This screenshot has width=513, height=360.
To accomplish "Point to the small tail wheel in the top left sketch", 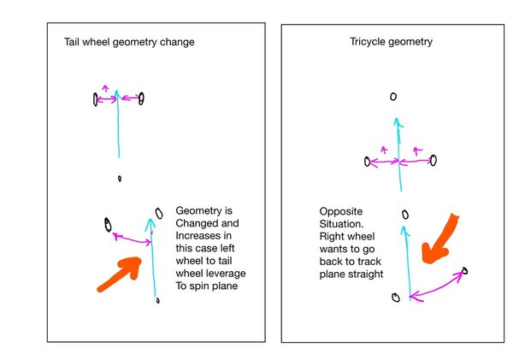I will coord(120,179).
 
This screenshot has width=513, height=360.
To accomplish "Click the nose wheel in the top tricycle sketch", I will coord(393,97).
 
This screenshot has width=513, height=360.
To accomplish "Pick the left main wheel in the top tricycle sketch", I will coord(368,162).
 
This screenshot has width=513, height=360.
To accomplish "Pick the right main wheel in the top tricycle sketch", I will coord(433,159).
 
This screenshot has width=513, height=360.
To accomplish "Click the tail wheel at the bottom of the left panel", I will coord(157,300).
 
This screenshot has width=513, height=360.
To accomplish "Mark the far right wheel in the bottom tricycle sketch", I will coord(465,271).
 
